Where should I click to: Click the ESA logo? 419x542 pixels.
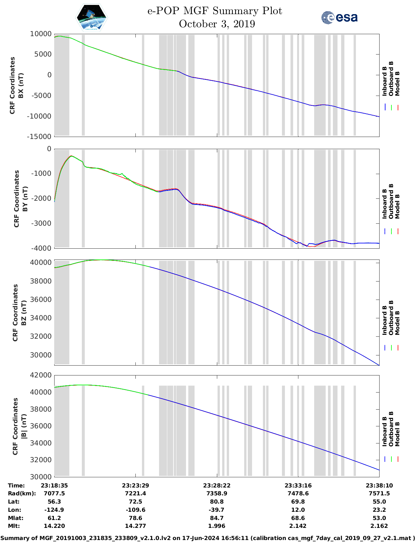(x=339, y=17)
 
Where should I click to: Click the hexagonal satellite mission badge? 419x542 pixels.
(x=92, y=18)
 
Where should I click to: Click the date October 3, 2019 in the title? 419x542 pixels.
(x=217, y=24)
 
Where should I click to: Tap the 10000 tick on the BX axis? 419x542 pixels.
(x=41, y=34)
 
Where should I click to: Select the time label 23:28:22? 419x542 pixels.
(x=217, y=486)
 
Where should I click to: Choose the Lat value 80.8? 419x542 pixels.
(x=217, y=502)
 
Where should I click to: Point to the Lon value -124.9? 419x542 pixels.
(x=54, y=510)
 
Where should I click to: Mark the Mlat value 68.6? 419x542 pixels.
(x=298, y=518)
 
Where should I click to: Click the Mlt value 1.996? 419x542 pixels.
(x=217, y=526)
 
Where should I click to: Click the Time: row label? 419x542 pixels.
(x=16, y=486)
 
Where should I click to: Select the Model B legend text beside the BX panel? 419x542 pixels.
(x=397, y=83)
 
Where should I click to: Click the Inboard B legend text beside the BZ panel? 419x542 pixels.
(x=384, y=320)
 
